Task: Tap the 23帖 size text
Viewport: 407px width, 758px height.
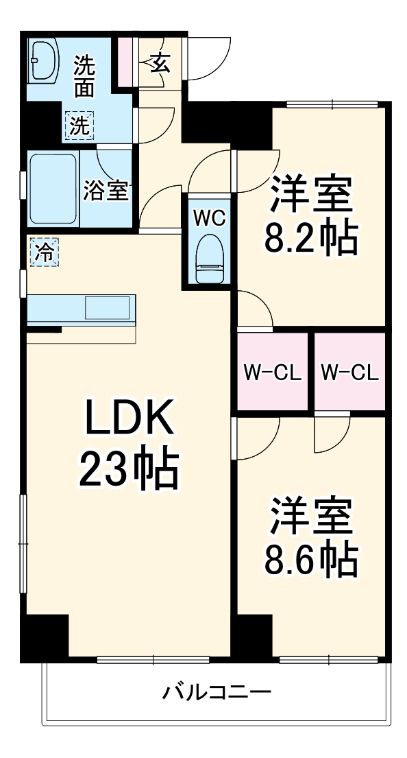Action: [128, 469]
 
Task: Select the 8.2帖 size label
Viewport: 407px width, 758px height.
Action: [311, 237]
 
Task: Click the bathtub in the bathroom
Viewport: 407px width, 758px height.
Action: [52, 188]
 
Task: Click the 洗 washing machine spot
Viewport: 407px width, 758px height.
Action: [79, 126]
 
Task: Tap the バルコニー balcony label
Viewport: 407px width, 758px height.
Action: [216, 691]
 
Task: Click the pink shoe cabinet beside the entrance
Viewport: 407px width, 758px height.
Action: [124, 62]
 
